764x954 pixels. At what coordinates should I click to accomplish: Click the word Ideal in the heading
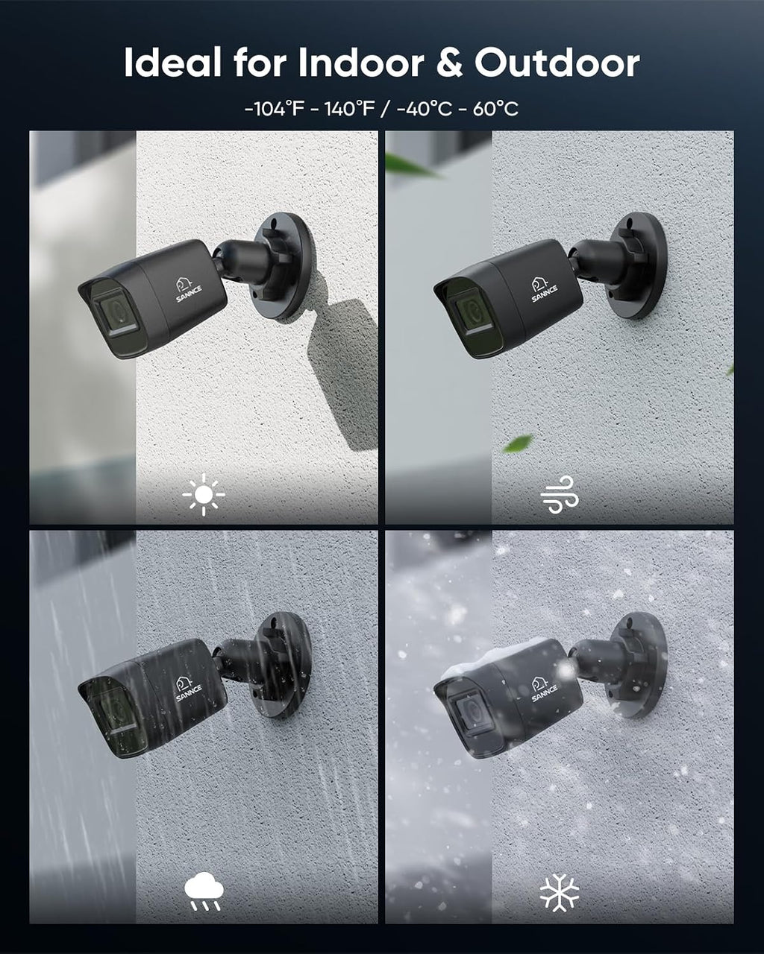click(x=172, y=63)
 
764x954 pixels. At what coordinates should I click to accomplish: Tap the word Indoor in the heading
click(x=361, y=63)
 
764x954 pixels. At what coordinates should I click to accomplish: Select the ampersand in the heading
click(x=449, y=63)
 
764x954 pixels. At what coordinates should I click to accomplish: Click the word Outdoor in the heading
click(x=557, y=63)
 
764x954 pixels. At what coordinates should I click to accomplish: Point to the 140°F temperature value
click(x=349, y=109)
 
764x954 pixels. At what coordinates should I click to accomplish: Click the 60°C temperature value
click(x=495, y=109)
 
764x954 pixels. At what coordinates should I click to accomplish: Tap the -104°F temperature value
click(x=275, y=109)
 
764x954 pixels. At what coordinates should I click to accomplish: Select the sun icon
click(x=204, y=494)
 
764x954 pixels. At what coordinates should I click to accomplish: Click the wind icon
click(x=560, y=494)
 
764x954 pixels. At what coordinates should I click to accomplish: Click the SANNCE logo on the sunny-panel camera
click(x=188, y=291)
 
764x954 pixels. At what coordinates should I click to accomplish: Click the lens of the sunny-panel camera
click(x=115, y=312)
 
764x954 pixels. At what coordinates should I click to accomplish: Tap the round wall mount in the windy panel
click(x=639, y=266)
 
